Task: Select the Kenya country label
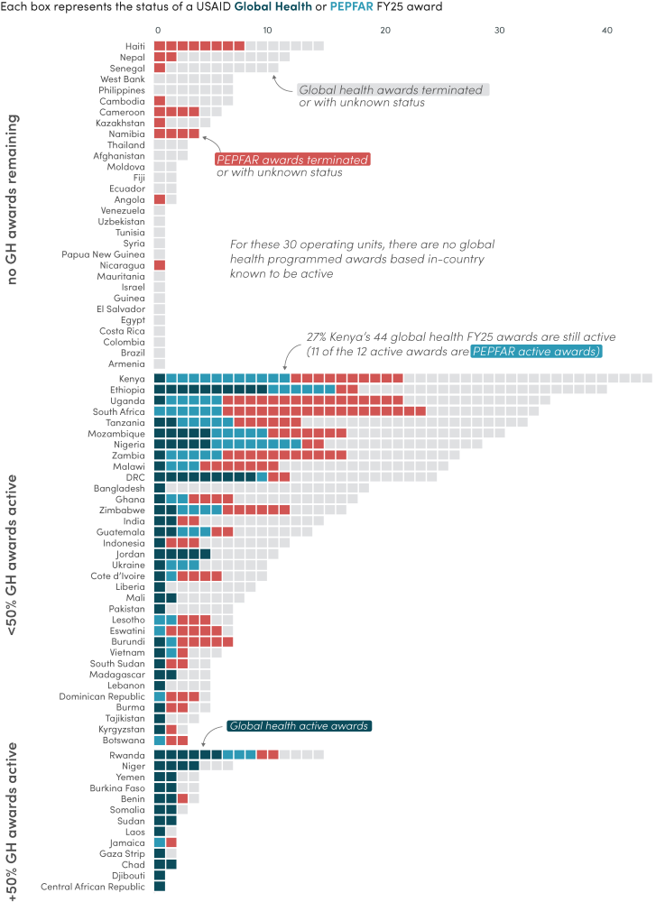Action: [x=132, y=379]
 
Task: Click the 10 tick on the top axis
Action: [x=267, y=31]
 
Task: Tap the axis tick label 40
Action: [x=607, y=31]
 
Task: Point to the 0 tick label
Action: [x=158, y=31]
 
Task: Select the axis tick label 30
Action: [x=494, y=31]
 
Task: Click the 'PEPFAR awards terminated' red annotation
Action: [x=293, y=160]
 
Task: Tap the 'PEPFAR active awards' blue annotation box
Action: [x=536, y=351]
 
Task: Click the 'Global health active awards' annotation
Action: [x=299, y=726]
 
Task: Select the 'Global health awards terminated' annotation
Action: [x=393, y=90]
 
